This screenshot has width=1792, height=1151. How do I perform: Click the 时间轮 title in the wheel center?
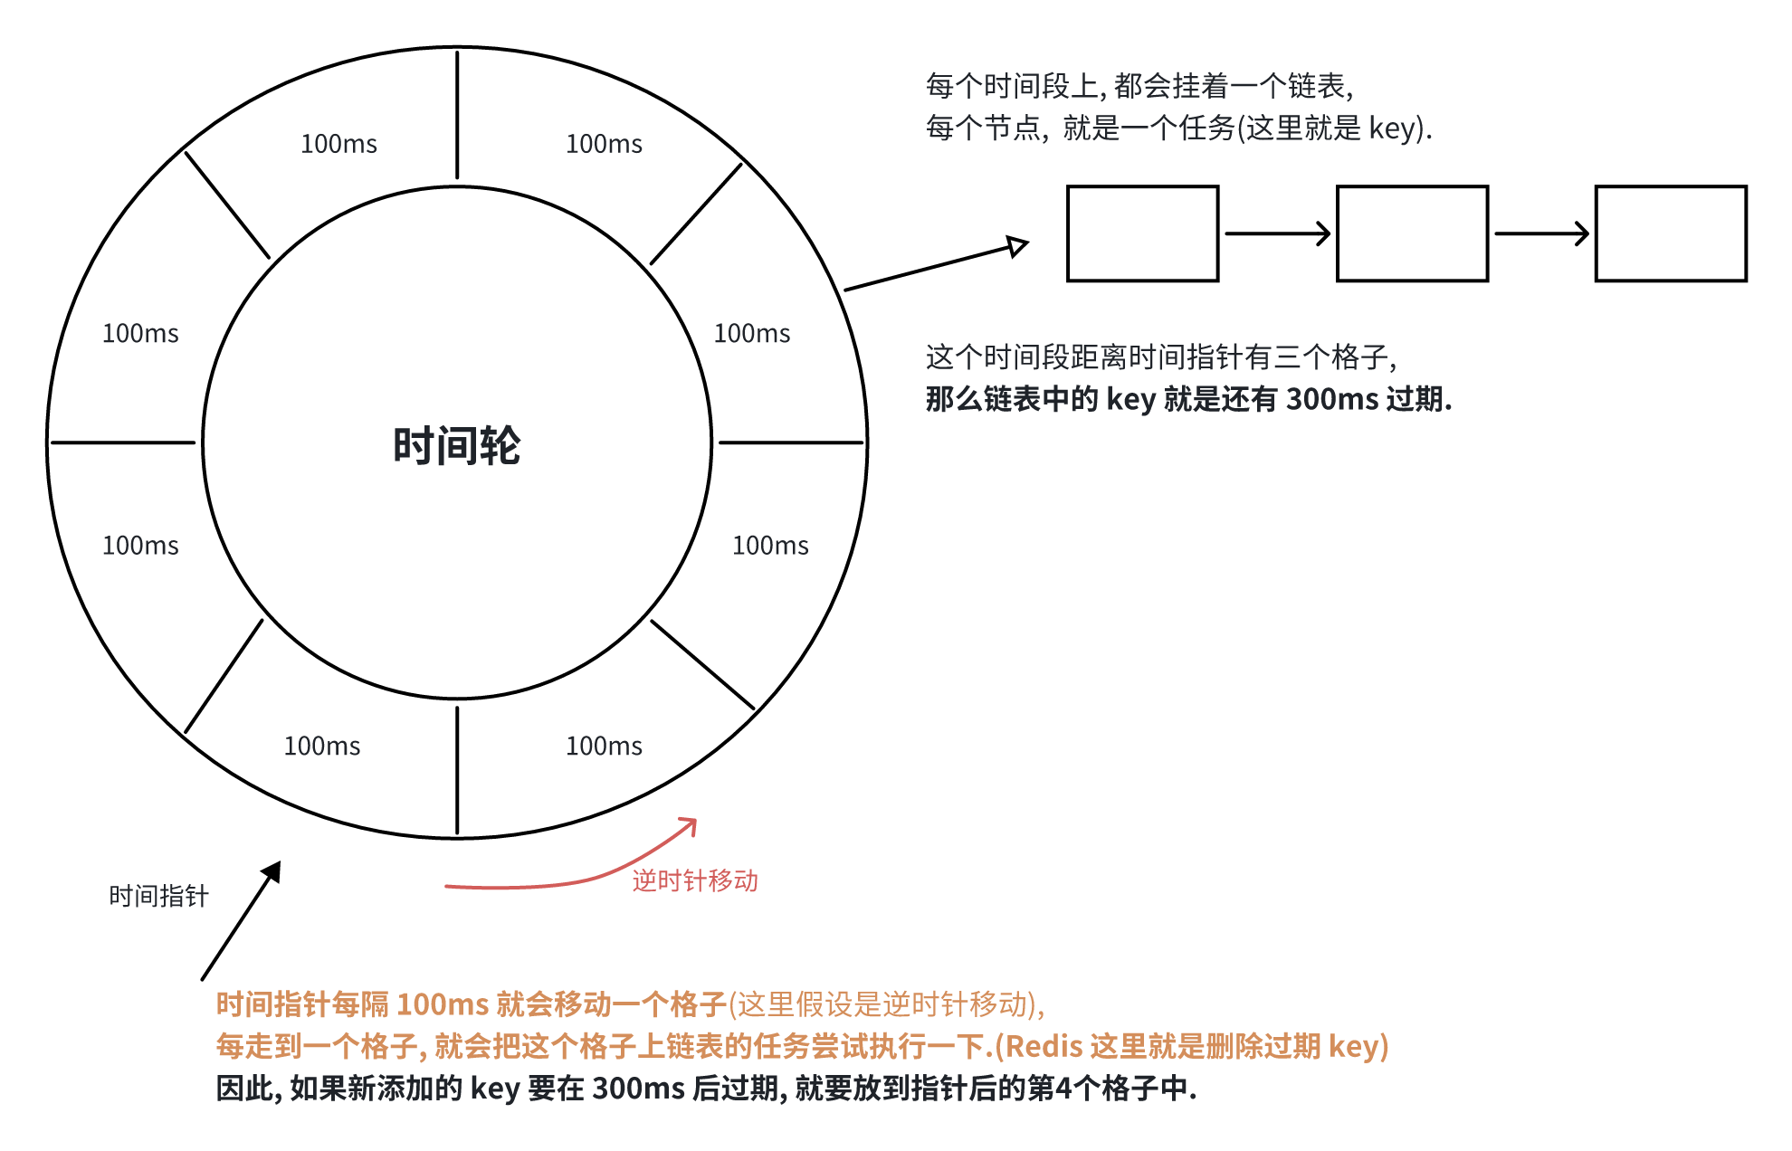[x=456, y=446]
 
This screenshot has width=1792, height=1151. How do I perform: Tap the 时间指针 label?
[x=159, y=896]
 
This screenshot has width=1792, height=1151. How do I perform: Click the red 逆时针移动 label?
[x=695, y=880]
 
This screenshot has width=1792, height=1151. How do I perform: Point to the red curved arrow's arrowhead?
[x=691, y=823]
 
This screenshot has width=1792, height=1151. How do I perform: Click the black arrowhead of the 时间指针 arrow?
[x=272, y=871]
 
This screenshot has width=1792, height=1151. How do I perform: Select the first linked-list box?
[x=1142, y=233]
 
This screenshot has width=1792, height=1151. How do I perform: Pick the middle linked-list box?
[x=1412, y=233]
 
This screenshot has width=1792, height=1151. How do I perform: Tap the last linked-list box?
[x=1671, y=233]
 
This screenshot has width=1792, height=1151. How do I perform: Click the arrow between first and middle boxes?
[x=1277, y=233]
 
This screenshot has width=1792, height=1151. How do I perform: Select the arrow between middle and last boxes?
[x=1541, y=233]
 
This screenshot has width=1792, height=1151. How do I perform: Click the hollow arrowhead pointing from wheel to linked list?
[x=1018, y=245]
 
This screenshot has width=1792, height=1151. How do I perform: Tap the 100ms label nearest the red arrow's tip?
[x=604, y=746]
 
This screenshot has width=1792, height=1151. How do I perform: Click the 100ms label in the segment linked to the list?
[x=752, y=333]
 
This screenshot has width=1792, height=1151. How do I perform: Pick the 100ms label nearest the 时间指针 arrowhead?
[x=322, y=746]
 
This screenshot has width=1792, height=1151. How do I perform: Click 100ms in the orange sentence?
[x=443, y=1004]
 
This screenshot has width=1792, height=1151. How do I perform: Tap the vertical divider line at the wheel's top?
[x=457, y=115]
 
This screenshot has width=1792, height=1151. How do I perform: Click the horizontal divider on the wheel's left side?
[x=123, y=442]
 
